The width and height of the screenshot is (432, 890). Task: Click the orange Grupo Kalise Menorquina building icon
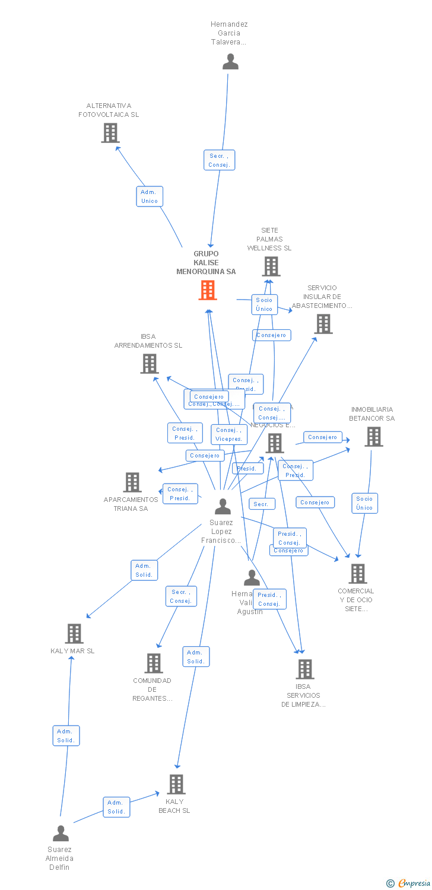click(x=207, y=290)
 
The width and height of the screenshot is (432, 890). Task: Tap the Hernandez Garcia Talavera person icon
click(x=230, y=62)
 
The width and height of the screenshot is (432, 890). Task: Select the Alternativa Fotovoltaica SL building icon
click(x=110, y=133)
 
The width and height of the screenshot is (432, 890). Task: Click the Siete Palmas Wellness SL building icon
click(x=271, y=266)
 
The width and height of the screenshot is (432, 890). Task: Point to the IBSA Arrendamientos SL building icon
click(x=150, y=363)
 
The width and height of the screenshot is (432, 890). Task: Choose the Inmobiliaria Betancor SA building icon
click(x=373, y=437)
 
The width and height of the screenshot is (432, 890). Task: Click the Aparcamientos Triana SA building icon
click(x=132, y=482)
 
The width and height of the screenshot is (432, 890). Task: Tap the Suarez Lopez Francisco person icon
click(x=223, y=506)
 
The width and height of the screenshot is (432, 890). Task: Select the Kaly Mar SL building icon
click(x=74, y=633)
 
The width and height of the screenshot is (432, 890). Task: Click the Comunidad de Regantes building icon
click(x=154, y=663)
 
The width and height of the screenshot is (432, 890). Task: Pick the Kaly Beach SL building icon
click(x=176, y=784)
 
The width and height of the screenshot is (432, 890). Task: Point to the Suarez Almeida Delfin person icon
click(x=61, y=834)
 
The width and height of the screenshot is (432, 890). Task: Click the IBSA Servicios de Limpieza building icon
click(x=304, y=669)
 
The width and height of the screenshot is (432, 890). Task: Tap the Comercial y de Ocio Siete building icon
click(x=357, y=573)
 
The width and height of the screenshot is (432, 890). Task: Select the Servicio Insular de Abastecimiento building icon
click(x=323, y=324)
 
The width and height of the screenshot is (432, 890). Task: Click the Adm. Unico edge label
click(x=150, y=196)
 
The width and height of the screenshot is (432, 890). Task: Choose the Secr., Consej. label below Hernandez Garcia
click(x=219, y=160)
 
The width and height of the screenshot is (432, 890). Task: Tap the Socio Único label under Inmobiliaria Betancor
click(x=364, y=503)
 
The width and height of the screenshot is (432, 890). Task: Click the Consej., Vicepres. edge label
click(x=229, y=434)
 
